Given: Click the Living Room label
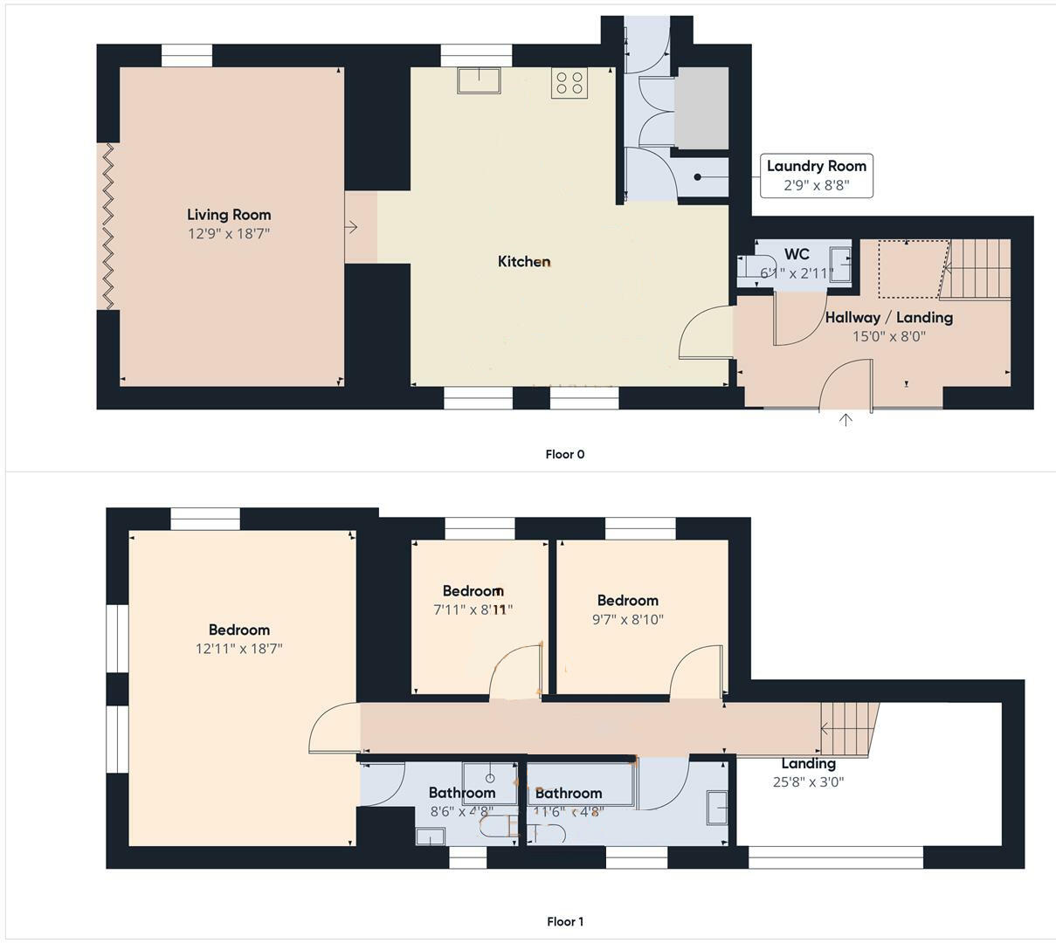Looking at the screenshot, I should (x=229, y=215).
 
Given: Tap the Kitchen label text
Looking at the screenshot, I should (x=524, y=261).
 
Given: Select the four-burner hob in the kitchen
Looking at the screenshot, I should (x=569, y=83).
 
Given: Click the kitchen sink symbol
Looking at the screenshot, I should (x=478, y=80).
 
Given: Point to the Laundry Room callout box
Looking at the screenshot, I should (x=816, y=176).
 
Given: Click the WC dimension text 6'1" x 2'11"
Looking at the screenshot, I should (x=796, y=273).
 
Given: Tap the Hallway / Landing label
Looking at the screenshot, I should (x=888, y=318).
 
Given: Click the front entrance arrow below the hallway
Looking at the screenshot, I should (x=845, y=421).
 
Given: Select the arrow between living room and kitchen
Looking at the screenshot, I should (x=351, y=227).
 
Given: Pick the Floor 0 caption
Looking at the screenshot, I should (x=564, y=454).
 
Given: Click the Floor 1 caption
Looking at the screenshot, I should (x=564, y=921).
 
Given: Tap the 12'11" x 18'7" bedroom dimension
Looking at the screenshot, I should (x=238, y=649).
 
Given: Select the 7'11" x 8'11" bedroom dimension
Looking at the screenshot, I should (x=473, y=609).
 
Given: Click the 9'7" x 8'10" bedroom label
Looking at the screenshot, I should (x=627, y=601).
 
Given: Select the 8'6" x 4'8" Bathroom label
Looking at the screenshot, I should (x=462, y=793).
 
